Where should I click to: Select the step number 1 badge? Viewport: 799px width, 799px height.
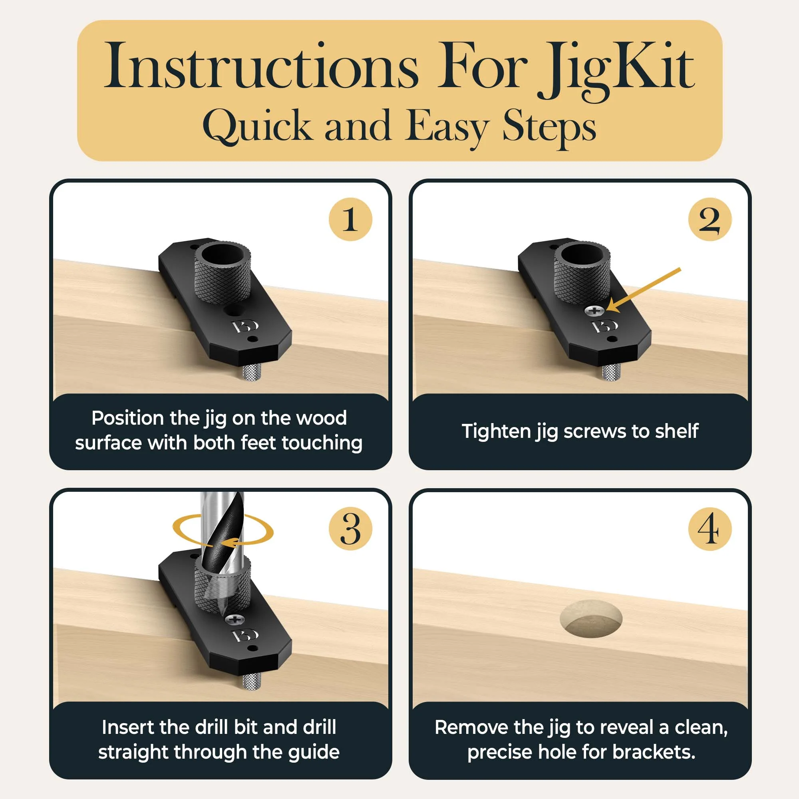click(350, 219)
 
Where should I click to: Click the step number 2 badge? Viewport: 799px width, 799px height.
click(710, 219)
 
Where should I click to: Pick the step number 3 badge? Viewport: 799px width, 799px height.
click(350, 529)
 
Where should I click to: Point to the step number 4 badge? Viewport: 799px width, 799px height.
click(710, 529)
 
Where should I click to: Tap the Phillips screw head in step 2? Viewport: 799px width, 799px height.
click(594, 310)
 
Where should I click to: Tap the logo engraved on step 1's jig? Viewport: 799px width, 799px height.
click(245, 326)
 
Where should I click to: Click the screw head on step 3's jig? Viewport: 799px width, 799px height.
click(235, 620)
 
